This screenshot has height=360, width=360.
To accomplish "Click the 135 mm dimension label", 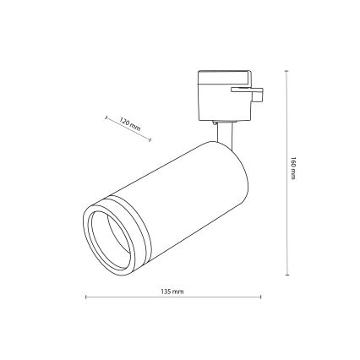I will click(172, 290).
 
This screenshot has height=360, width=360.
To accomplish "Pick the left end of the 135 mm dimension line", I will click(85, 297).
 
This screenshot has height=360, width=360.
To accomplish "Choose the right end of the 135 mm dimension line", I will click(260, 297).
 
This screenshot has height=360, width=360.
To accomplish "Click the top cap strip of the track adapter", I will click(221, 74).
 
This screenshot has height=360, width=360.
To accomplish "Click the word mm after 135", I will click(178, 290).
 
